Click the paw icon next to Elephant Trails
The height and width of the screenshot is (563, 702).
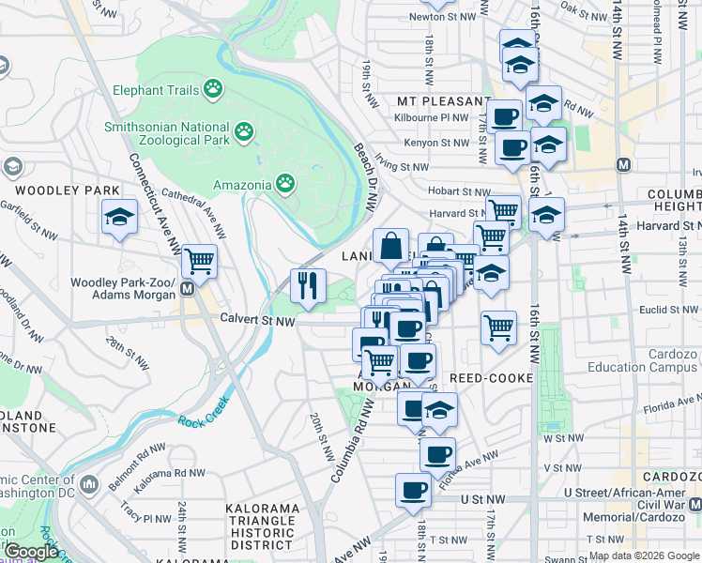tap(217, 90)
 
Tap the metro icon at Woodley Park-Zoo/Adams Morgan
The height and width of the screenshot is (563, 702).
tap(188, 289)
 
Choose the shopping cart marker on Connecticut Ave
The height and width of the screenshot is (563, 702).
tap(199, 260)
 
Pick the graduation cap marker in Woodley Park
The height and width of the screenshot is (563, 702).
tap(120, 218)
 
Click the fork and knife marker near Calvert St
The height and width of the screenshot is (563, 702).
tap(308, 284)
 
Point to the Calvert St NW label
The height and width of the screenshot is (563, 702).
tap(257, 321)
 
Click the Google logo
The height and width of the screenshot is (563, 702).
tap(31, 552)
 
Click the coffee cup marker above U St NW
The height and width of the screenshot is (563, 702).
tap(413, 490)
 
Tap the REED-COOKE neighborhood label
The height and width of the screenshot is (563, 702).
tap(492, 377)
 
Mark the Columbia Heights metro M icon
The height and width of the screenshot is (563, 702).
tap(622, 164)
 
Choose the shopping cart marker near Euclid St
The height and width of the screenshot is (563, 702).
tap(498, 328)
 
